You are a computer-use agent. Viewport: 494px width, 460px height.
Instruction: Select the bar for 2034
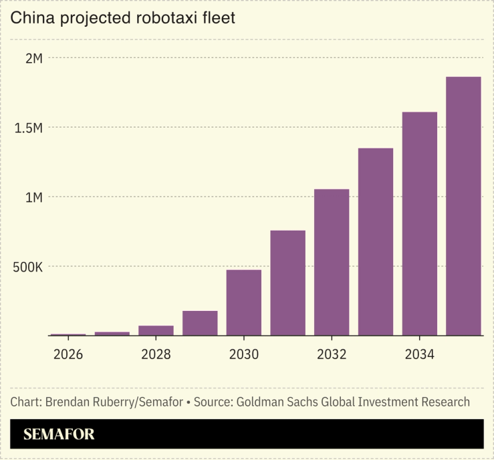click(419, 223)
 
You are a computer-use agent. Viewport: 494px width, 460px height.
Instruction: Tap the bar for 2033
click(376, 241)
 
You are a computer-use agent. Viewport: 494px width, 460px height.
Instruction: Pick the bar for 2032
click(332, 262)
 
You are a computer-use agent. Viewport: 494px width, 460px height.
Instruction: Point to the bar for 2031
click(287, 283)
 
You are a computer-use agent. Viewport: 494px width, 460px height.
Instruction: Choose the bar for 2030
click(244, 302)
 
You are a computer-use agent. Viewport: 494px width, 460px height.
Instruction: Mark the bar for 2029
click(200, 323)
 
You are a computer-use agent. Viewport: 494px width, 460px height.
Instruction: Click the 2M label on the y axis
click(34, 58)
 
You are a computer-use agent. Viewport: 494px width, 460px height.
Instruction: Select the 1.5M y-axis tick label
click(29, 128)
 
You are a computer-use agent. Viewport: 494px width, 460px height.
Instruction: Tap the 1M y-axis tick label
click(34, 197)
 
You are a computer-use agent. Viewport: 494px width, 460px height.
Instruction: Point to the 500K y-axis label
click(29, 267)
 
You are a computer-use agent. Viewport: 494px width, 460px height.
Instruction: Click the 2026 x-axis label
click(68, 354)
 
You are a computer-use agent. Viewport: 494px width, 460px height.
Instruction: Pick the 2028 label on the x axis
click(156, 354)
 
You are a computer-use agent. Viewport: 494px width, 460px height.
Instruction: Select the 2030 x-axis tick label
click(244, 354)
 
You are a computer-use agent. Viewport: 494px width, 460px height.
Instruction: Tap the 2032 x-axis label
click(332, 354)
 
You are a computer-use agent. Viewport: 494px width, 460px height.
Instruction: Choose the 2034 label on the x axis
click(419, 354)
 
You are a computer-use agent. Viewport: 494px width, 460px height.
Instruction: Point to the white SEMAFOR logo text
click(59, 435)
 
